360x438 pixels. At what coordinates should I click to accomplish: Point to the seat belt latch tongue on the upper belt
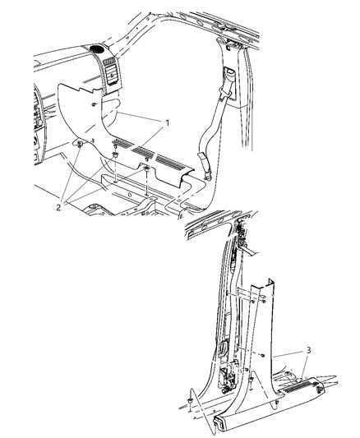point(228,84)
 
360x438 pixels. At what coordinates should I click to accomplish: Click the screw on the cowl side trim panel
point(95,104)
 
